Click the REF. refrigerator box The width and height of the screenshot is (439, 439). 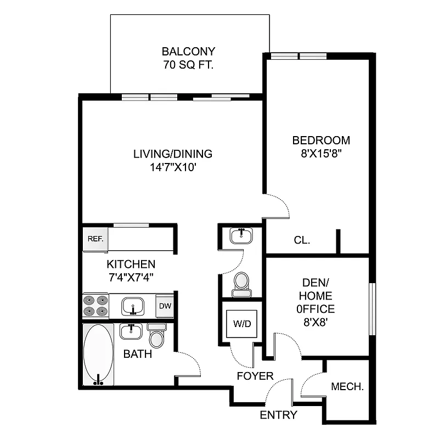pos(96,239)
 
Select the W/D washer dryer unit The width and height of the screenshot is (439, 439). pos(241,324)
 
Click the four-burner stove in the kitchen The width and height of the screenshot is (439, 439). pos(96,305)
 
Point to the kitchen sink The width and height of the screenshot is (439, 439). pos(132,305)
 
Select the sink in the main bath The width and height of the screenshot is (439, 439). pos(131,331)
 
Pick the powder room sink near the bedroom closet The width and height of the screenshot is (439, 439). pos(241,236)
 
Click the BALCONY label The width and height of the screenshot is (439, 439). pos(188,52)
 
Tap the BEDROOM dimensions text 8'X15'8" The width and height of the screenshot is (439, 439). pos(321,154)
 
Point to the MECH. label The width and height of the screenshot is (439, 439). pos(347,386)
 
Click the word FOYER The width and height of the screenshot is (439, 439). pos(255,376)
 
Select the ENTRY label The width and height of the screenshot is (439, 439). pos(278,415)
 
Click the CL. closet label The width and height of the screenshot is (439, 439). pos(302,240)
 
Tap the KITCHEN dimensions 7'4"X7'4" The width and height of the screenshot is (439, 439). pos(131,277)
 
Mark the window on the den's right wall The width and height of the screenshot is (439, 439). pos(372,308)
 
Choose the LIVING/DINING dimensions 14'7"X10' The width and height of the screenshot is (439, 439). pos(172,168)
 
